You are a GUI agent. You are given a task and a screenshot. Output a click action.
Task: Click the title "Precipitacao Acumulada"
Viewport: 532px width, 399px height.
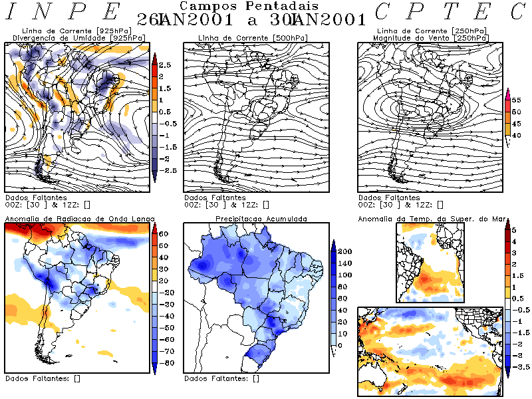261,218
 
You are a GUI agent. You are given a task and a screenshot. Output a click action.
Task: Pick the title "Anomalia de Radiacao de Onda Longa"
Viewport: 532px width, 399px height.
80,218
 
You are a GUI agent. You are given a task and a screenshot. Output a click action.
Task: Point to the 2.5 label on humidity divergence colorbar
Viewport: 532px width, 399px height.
165,65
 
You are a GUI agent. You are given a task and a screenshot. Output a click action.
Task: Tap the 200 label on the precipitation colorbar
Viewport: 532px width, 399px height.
345,252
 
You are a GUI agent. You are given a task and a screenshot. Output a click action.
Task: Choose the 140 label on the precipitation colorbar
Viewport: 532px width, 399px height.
345,264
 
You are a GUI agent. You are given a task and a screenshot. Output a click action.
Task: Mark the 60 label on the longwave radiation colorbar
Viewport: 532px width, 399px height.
164,234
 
